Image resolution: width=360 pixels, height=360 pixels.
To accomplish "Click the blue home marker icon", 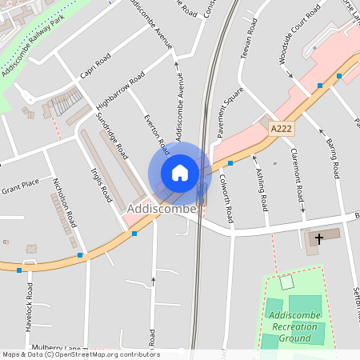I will coord(180,173).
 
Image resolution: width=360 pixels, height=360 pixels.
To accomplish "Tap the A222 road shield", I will coord(280,128).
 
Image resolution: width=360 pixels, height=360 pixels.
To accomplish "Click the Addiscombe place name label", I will coord(162,209).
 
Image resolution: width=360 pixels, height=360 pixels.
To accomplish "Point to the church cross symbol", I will coord(319,238).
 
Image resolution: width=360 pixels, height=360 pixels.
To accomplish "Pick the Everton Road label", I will coord(156,134).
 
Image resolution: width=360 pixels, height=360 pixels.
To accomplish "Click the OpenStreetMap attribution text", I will coord(80,354).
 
